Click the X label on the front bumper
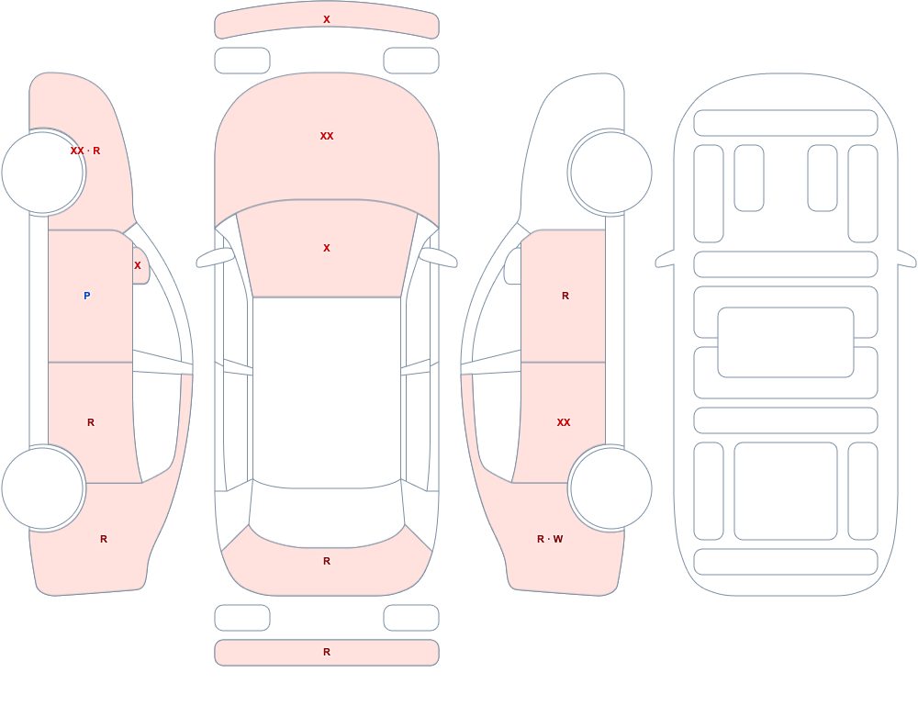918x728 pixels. coord(327,19)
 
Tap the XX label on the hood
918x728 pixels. coord(327,136)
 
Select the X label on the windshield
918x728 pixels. coord(327,249)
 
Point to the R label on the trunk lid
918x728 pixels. coord(327,561)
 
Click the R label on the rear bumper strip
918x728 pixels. coord(327,652)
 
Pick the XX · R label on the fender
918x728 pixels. coord(84,151)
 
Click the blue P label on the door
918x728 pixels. coord(86,296)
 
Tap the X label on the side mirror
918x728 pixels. coord(138,265)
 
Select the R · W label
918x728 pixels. coord(550,539)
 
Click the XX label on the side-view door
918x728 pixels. coord(564,422)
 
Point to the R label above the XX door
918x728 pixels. coord(565,296)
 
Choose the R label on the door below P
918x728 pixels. coord(91,422)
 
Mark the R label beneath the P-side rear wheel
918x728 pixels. coord(104,539)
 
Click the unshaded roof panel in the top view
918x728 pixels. coord(327,392)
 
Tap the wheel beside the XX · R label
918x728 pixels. coord(43,173)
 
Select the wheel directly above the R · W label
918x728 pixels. coord(610,487)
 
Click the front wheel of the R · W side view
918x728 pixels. coord(610,173)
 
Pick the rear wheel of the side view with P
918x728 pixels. coord(43,487)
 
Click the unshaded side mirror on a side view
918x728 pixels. coord(513,266)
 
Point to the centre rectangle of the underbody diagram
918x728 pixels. coord(786,342)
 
